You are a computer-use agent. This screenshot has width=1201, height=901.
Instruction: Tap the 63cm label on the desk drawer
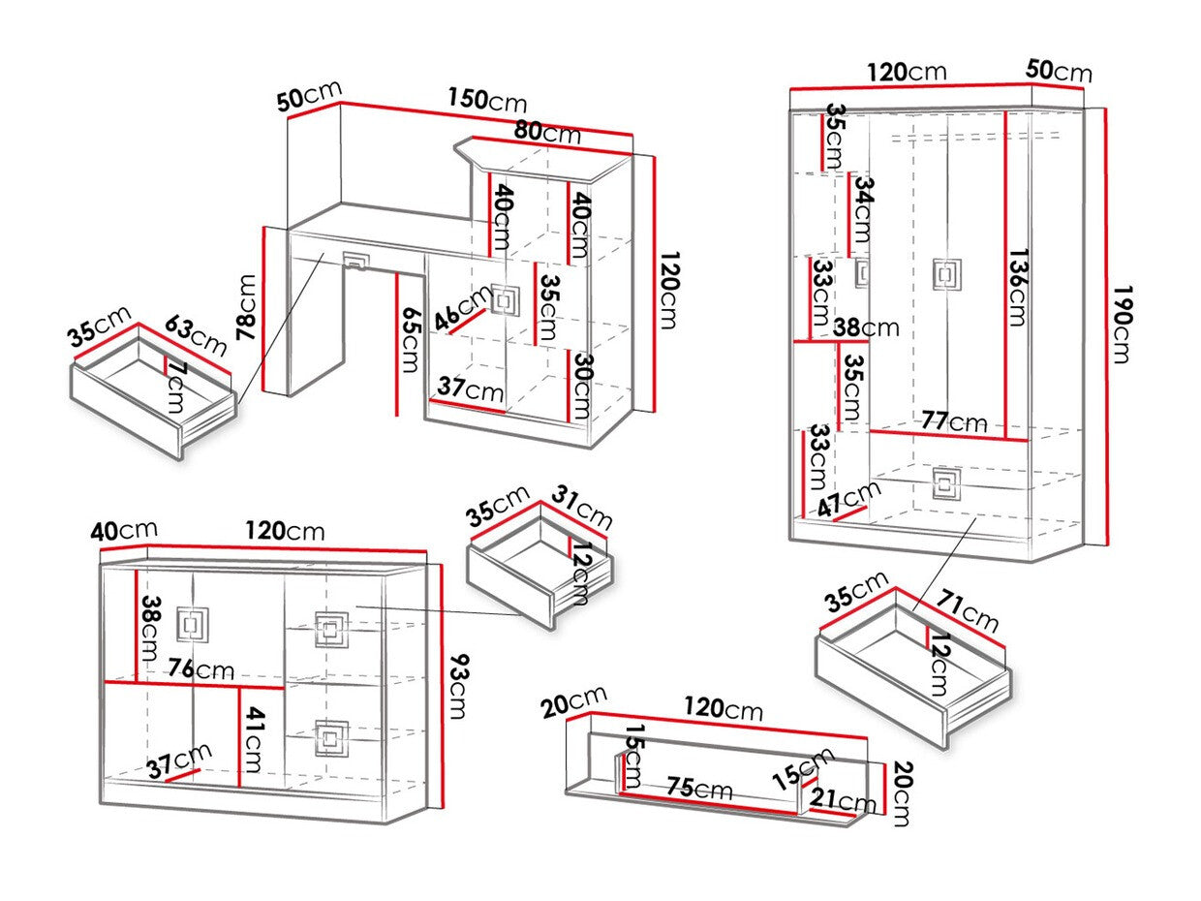(x=195, y=335)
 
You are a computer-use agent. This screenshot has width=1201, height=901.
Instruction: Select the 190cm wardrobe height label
(x=1122, y=324)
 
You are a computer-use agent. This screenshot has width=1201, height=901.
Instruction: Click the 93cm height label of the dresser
(x=458, y=687)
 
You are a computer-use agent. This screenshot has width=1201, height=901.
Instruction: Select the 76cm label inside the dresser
(x=200, y=669)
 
